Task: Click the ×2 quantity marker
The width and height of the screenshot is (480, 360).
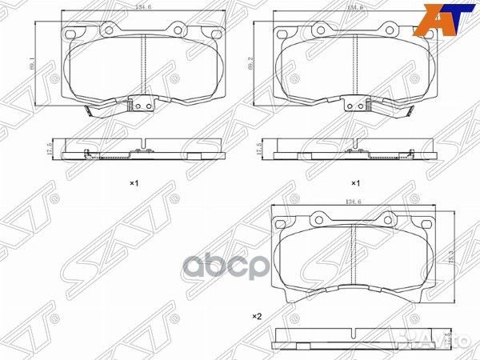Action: (x=258, y=316)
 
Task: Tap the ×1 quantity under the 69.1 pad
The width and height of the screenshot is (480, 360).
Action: (x=134, y=183)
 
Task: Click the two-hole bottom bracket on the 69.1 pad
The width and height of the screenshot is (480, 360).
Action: (x=142, y=105)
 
